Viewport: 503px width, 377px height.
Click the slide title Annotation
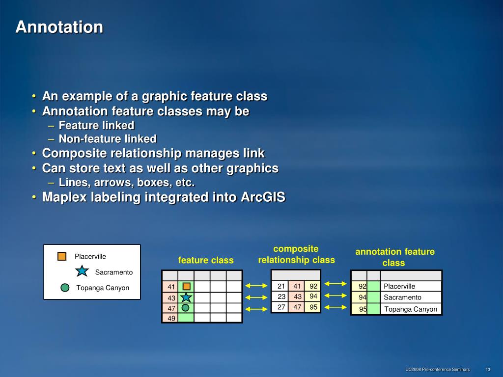59,27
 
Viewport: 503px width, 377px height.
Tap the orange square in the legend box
62,256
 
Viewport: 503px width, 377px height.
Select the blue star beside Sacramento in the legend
82,271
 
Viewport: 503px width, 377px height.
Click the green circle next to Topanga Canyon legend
65,288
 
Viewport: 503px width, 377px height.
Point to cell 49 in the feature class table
170,318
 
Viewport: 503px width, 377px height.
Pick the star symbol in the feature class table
186,297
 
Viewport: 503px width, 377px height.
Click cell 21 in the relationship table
280,286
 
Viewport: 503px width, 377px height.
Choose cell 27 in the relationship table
280,307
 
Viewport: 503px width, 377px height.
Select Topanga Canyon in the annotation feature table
411,309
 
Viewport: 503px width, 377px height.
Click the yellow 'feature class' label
206,260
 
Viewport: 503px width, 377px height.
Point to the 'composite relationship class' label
296,254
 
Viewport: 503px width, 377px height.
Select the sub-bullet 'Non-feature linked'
108,139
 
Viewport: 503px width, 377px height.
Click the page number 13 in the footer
488,369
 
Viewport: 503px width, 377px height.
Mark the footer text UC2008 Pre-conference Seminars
438,369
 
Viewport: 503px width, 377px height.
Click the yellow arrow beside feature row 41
256,286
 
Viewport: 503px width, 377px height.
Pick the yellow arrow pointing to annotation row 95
335,307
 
